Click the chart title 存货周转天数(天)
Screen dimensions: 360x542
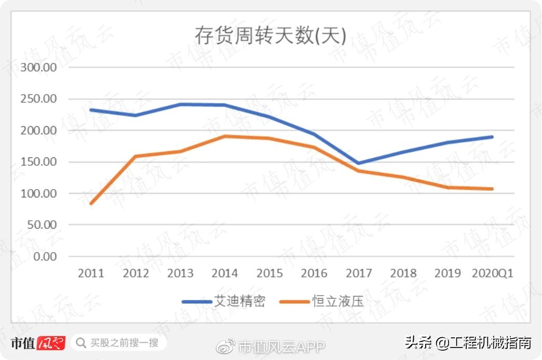click(270, 36)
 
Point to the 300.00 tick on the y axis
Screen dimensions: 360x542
click(38, 68)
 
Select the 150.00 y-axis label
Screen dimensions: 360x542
click(38, 162)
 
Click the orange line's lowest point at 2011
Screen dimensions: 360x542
click(91, 204)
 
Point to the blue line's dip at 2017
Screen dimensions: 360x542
click(359, 163)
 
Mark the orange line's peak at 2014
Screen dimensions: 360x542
click(225, 136)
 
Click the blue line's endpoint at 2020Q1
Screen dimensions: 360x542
click(492, 137)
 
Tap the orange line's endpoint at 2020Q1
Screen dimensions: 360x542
click(492, 189)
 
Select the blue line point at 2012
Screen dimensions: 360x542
click(135, 115)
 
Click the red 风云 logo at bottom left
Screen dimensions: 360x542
click(50, 343)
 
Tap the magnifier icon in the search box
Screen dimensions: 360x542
click(80, 343)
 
